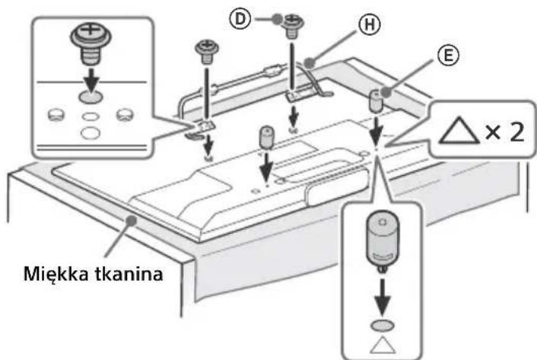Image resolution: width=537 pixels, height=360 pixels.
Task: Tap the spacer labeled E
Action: (376, 99)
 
